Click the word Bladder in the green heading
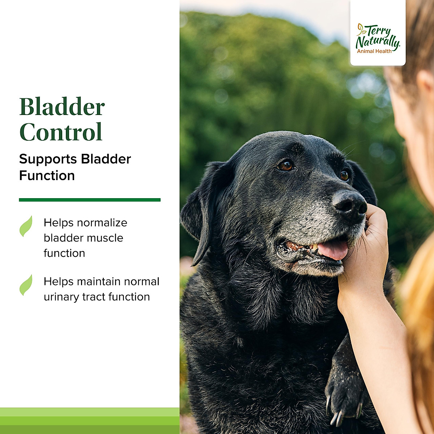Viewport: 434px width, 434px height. tap(62, 107)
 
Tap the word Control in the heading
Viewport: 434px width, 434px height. tap(61, 132)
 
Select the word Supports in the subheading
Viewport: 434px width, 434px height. tap(48, 159)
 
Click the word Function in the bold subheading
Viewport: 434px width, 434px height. tap(47, 176)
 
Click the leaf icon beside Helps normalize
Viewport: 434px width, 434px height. tap(26, 226)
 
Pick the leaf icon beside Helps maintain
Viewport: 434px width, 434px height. tap(26, 285)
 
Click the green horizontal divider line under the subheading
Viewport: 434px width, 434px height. tap(90, 200)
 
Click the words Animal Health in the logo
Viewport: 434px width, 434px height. tap(374, 51)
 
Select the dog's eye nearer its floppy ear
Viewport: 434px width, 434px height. tap(286, 166)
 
